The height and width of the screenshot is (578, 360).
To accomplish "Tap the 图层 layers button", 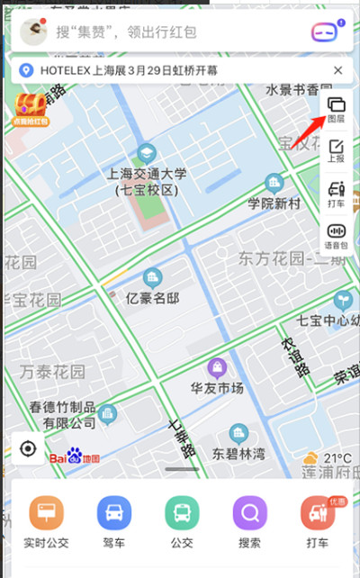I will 337,111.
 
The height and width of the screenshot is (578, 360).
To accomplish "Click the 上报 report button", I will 337,151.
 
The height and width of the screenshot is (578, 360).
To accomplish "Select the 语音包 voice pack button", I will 337,235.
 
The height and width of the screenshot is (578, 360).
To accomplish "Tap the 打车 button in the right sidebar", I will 337,194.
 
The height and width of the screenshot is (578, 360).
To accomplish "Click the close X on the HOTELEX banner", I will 337,70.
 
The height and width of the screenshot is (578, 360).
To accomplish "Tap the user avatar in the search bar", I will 34,32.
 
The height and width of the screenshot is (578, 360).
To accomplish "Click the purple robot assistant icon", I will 328,32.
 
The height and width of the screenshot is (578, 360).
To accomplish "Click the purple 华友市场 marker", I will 216,368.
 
